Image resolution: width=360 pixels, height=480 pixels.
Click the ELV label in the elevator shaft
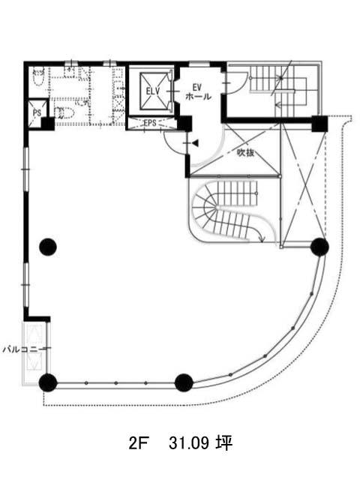153,91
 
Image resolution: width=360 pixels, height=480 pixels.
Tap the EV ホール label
198,91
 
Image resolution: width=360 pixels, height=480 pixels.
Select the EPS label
150,123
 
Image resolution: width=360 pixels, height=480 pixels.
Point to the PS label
37,112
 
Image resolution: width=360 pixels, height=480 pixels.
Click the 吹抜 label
246,152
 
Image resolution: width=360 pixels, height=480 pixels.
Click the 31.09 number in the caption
189,443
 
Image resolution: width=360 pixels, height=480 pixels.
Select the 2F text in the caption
136,443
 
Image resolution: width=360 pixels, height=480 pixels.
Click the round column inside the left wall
48,247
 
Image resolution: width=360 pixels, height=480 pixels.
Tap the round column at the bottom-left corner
48,382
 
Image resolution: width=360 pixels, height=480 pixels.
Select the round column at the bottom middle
184,382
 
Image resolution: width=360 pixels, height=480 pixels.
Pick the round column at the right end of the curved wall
319,247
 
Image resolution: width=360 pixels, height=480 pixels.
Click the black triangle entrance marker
195,142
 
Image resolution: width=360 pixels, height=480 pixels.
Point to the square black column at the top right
319,123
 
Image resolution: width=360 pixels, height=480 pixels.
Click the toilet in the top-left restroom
38,77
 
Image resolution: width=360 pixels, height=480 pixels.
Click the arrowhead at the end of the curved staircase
262,239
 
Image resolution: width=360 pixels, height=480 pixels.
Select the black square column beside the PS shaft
48,123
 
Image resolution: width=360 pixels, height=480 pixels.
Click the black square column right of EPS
184,123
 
